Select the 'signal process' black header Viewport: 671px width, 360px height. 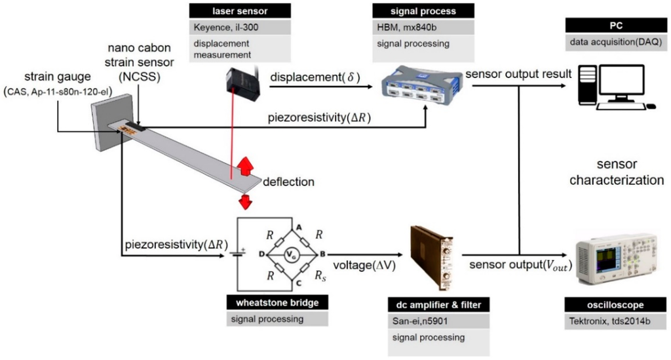[x=414, y=10]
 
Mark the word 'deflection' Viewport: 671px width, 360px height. [x=290, y=182]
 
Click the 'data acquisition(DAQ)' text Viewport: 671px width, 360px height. [x=606, y=43]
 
